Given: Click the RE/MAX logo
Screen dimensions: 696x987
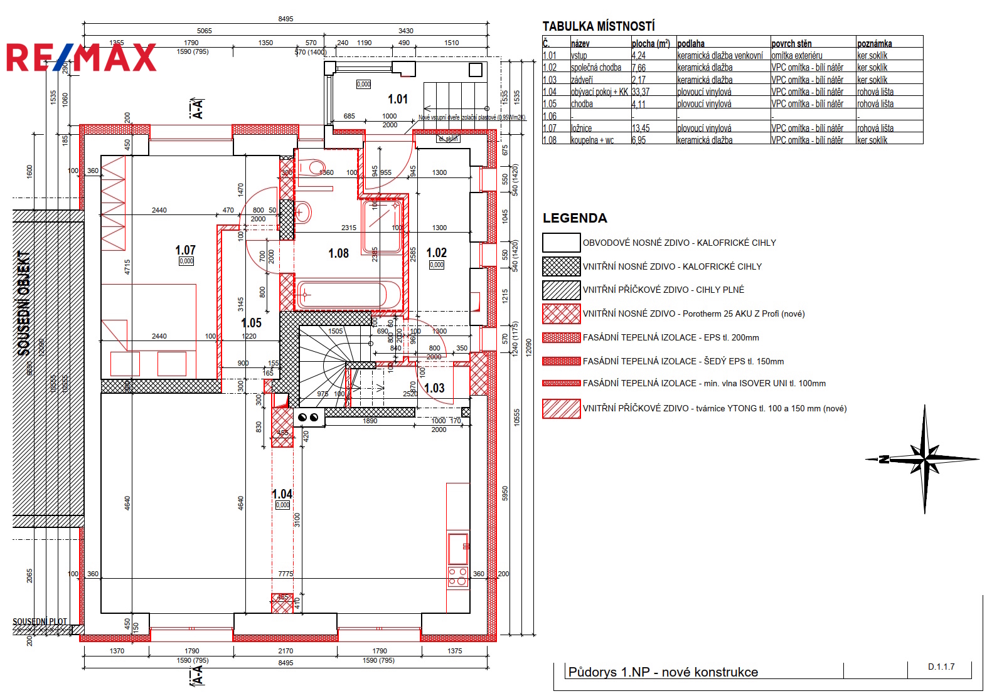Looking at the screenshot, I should click(x=82, y=58).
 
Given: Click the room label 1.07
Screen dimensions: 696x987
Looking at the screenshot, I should click(x=185, y=250).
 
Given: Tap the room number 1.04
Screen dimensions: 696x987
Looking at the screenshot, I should click(x=282, y=494).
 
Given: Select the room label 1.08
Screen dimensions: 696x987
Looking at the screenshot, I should click(x=338, y=253).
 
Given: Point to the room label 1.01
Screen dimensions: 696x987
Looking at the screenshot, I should click(x=398, y=99).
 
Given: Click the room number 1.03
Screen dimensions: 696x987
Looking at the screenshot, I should click(x=434, y=388).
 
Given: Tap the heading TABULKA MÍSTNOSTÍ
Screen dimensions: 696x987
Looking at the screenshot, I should click(x=599, y=26).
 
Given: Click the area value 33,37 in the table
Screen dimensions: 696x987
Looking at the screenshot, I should click(x=641, y=92).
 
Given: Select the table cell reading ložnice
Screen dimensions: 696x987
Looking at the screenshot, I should click(x=581, y=129).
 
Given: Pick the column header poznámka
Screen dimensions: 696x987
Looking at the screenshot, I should click(x=874, y=43).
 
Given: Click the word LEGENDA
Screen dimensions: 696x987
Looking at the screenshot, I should click(x=575, y=218).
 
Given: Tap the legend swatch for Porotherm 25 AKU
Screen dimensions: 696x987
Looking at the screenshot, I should click(x=561, y=314).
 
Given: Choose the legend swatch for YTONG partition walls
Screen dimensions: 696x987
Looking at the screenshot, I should click(x=561, y=408).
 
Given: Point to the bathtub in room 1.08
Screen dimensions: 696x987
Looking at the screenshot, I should click(x=348, y=294).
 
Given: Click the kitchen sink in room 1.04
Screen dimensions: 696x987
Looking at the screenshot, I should click(x=458, y=549).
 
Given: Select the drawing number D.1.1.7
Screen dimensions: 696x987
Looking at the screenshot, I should click(x=941, y=667).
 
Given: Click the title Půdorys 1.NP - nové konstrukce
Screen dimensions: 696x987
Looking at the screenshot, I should click(x=663, y=672).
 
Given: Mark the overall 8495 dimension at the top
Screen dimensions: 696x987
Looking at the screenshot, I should click(x=285, y=19).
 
